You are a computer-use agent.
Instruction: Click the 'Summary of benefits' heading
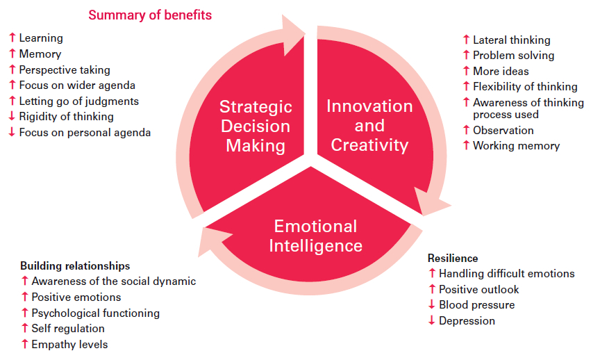150,15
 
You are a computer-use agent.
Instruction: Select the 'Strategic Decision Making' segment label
256,126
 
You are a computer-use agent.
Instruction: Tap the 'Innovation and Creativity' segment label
369,126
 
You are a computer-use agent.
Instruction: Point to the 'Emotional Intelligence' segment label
316,236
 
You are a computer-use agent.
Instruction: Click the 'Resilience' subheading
453,259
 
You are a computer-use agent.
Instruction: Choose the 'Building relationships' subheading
75,265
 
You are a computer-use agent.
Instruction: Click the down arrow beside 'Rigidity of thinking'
12,116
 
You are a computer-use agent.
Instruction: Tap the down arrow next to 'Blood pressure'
432,304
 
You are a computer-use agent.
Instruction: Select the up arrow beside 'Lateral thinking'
466,40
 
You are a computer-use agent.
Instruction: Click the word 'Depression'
467,321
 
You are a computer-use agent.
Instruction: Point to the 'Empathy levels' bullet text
69,344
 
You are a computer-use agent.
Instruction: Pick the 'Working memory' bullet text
516,146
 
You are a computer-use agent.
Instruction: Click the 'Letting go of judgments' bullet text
79,101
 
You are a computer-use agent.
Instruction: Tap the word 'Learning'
41,38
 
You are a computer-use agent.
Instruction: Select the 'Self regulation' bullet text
68,329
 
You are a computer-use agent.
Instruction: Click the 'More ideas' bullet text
501,71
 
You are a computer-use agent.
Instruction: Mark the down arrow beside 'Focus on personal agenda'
12,132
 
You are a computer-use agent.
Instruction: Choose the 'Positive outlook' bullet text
478,290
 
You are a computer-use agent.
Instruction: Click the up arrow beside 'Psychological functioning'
25,313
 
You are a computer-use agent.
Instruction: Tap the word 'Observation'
503,131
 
